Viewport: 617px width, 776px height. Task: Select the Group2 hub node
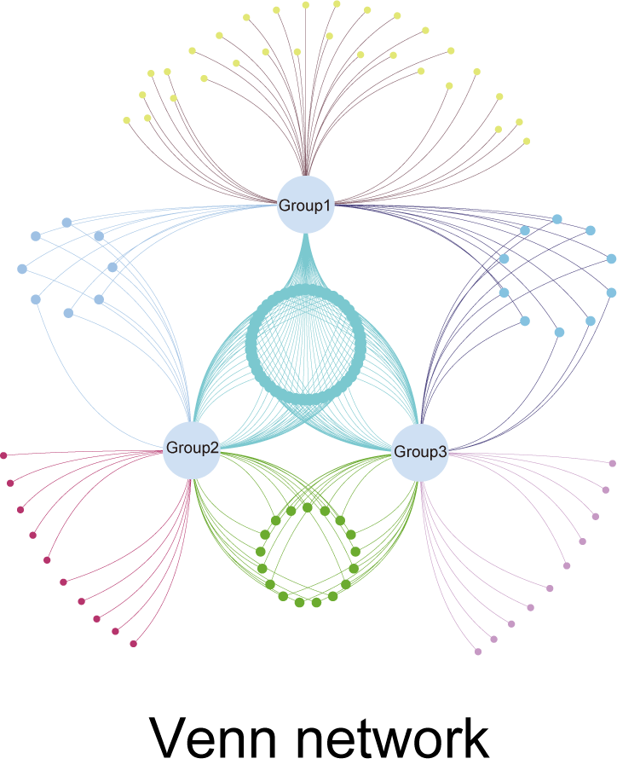(192, 450)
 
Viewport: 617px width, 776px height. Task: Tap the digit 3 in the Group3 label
(441, 452)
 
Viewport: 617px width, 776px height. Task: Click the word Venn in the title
(212, 738)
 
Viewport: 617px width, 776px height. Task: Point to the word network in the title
(394, 738)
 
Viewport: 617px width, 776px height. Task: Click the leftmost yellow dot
(127, 120)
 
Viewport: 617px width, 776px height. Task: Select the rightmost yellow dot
(527, 141)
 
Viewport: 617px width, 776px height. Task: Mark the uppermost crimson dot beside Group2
(3, 455)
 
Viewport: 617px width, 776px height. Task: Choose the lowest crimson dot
(134, 644)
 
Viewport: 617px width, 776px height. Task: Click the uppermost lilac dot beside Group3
(613, 463)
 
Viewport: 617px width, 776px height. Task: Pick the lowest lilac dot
(478, 651)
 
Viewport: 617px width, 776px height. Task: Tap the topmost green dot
(308, 507)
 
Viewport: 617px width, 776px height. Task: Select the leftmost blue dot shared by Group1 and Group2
(22, 269)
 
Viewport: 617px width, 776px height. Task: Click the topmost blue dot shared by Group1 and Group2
(66, 223)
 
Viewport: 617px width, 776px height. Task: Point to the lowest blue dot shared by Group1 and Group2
(69, 313)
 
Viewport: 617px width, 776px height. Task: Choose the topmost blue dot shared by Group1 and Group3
(557, 219)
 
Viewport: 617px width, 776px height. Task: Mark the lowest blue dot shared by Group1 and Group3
(560, 332)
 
